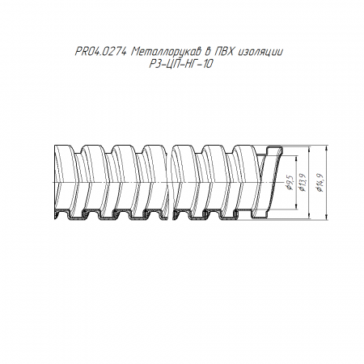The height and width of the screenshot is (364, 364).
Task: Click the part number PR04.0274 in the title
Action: [x=100, y=52]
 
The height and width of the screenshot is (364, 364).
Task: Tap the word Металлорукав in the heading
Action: [x=167, y=52]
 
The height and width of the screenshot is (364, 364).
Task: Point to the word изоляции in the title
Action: [x=260, y=53]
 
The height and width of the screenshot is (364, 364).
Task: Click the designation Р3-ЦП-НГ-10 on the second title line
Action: [x=181, y=64]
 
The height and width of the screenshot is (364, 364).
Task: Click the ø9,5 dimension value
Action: [x=290, y=182]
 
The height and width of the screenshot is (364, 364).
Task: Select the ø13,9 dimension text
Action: [x=303, y=182]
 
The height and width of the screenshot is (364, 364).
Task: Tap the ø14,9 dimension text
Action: [x=320, y=182]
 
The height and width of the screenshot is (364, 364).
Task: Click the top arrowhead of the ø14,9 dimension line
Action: [x=327, y=148]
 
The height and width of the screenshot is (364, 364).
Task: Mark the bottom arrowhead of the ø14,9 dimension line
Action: [x=327, y=218]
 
